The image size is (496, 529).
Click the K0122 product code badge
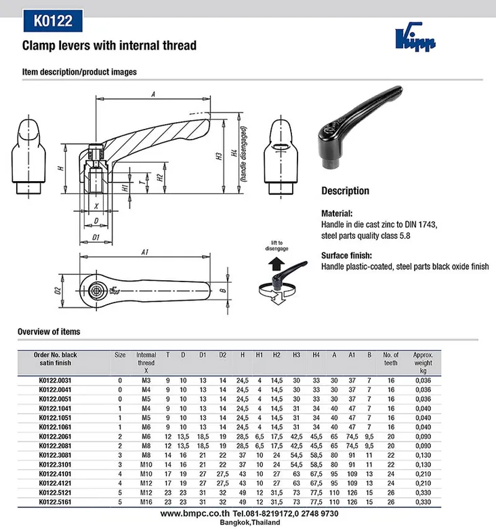pyautogui.click(x=53, y=21)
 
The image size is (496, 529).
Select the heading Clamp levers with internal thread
pyautogui.click(x=110, y=46)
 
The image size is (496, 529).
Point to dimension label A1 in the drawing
pyautogui.click(x=144, y=252)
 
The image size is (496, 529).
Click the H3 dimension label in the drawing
pyautogui.click(x=219, y=155)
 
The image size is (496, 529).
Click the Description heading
pyautogui.click(x=345, y=191)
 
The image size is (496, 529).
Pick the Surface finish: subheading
pyautogui.click(x=346, y=256)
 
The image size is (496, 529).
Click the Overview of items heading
pyautogui.click(x=49, y=332)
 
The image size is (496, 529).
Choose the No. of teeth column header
pyautogui.click(x=390, y=359)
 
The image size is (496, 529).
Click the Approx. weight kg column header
pyautogui.click(x=423, y=363)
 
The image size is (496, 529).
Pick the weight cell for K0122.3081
pyautogui.click(x=423, y=454)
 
